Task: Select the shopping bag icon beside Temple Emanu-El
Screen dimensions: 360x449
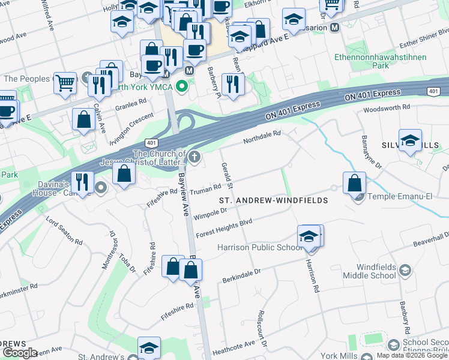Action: [x=354, y=182]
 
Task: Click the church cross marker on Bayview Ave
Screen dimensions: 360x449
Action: [x=194, y=157]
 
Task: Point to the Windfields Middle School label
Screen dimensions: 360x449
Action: [x=369, y=271]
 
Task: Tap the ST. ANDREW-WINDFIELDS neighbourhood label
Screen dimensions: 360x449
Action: [x=273, y=200]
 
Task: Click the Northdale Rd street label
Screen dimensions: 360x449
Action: [x=262, y=137]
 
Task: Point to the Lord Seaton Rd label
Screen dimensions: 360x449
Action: [x=64, y=229]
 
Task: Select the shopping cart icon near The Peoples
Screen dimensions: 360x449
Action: [x=65, y=83]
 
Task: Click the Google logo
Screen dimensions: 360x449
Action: [x=20, y=353]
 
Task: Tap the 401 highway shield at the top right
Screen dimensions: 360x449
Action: [x=433, y=91]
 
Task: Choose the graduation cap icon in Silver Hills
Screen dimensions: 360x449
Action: [x=410, y=140]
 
